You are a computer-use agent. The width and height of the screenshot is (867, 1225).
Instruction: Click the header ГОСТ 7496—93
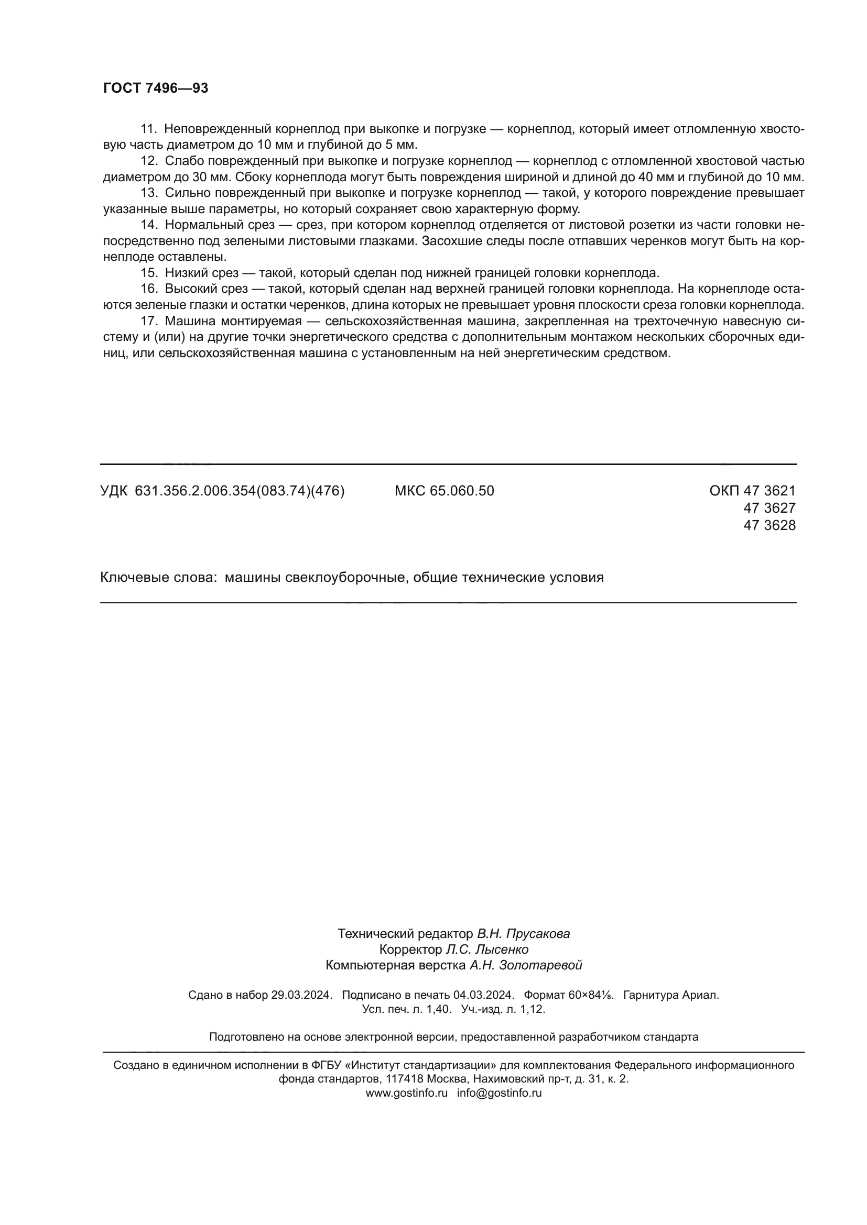(155, 89)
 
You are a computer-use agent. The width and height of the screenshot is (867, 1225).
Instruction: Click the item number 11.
(148, 129)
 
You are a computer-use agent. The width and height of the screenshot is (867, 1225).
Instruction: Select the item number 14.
(148, 225)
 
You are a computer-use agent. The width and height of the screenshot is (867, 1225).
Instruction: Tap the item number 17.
(148, 321)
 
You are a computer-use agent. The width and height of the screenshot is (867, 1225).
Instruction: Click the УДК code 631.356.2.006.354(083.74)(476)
(240, 491)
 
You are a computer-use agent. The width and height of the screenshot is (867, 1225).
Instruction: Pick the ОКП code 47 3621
(770, 491)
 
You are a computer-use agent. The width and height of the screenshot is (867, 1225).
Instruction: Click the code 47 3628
(770, 525)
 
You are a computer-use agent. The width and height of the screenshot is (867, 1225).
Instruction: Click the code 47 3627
(770, 508)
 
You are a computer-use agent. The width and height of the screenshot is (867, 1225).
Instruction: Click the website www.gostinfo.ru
(407, 1092)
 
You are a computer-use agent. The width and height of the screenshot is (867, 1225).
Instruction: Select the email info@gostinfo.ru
(499, 1092)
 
